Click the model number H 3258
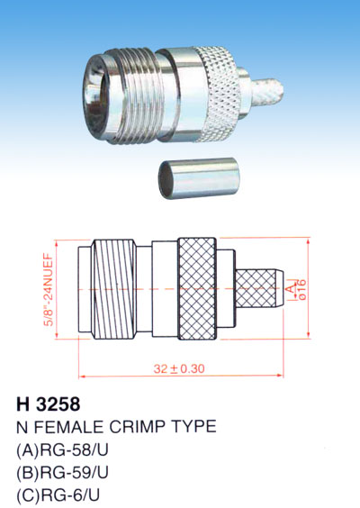[49, 404]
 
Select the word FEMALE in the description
[68, 426]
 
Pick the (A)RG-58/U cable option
[62, 450]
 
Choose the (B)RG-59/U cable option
[62, 473]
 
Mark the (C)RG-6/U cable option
[58, 495]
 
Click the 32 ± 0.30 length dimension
[179, 368]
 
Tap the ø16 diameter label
[301, 289]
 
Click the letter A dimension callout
[292, 287]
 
